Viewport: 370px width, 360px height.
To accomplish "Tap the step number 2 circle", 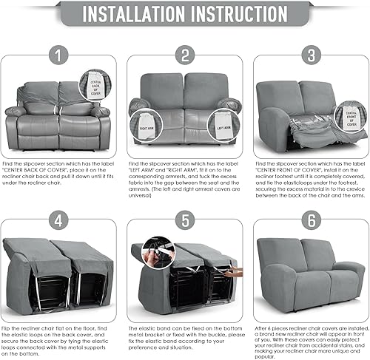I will (184, 55).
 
